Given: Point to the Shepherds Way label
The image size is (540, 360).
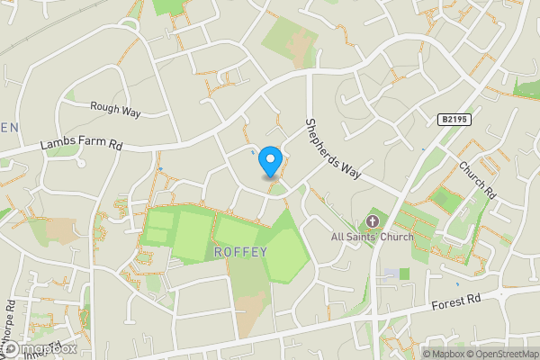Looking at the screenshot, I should click(332, 148).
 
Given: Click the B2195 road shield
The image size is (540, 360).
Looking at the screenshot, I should click(456, 119).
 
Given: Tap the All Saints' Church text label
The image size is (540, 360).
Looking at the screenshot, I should click(372, 237).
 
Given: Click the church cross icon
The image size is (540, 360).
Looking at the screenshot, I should click(372, 221).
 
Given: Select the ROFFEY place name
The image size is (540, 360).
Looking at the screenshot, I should click(241, 252).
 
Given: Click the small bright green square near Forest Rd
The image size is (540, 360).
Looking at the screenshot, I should click(404, 273).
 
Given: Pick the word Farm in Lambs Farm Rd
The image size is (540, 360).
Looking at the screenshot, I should click(85, 144).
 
